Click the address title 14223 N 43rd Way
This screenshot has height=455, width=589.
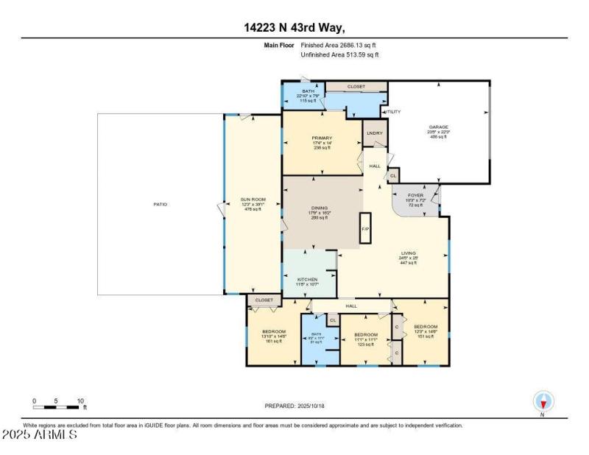click(x=294, y=27)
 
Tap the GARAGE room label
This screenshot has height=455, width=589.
click(x=439, y=127)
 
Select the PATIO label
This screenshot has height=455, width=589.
click(x=160, y=204)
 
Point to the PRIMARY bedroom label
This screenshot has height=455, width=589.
click(x=322, y=138)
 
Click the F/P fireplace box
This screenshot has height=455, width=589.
click(x=364, y=228)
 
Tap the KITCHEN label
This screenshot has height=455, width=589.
click(x=307, y=280)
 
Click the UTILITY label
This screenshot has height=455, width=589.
click(x=392, y=111)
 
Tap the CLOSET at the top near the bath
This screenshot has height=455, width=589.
click(x=356, y=87)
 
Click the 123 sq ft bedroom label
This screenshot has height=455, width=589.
click(x=366, y=335)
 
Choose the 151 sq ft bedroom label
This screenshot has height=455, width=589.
click(x=426, y=327)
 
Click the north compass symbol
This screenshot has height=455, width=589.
click(x=543, y=401)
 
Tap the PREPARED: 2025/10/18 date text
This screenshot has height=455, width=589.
click(x=294, y=406)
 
